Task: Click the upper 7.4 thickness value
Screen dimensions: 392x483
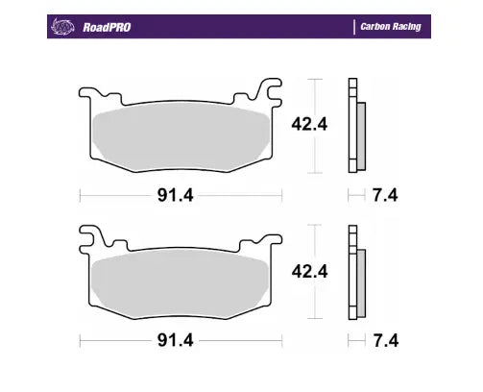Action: pos(384,197)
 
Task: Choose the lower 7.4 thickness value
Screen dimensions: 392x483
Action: pos(384,340)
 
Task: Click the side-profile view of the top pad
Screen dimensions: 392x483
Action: pos(356,125)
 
